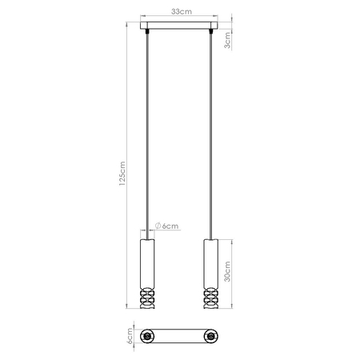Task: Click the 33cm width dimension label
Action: point(178,13)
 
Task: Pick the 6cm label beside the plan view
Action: point(128,335)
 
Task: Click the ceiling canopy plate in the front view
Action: point(178,30)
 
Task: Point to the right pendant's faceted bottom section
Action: point(211,300)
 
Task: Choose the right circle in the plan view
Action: point(211,335)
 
